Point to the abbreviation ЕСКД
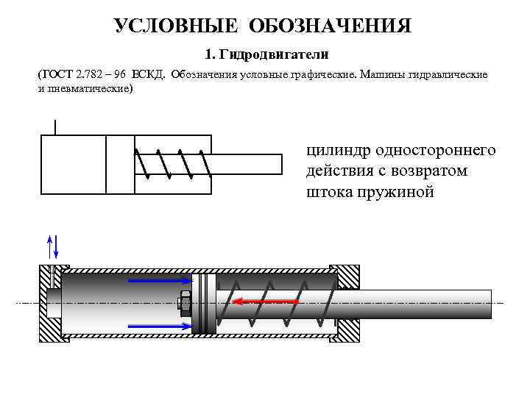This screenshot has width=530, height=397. pyautogui.click(x=149, y=75)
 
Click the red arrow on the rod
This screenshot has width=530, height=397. pyautogui.click(x=265, y=301)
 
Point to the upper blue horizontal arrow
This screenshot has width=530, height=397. pyautogui.click(x=160, y=279)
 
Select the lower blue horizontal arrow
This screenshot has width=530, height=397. pyautogui.click(x=160, y=324)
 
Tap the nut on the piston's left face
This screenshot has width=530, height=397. pyautogui.click(x=184, y=302)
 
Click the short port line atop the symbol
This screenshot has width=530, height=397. pyautogui.click(x=55, y=126)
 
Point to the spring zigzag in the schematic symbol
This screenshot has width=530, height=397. pyautogui.click(x=174, y=164)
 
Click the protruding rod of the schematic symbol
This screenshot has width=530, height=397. pyautogui.click(x=247, y=164)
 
